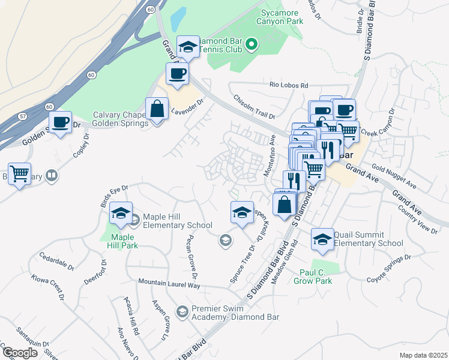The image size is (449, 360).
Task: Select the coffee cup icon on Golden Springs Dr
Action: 60,122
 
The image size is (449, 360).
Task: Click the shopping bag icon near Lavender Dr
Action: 157,110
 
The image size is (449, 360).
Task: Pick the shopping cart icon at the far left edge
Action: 20,174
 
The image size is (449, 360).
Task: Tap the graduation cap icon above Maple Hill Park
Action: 121,213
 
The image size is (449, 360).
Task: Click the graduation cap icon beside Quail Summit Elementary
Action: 322,239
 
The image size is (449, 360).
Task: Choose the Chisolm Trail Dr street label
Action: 254,107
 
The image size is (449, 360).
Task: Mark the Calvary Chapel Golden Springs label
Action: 119,119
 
